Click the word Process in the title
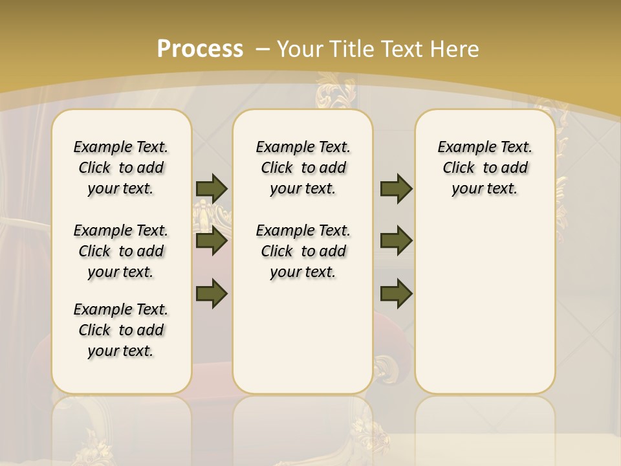(x=200, y=49)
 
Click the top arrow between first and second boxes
(x=212, y=188)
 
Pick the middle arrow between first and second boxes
(x=212, y=241)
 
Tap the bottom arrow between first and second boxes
(x=212, y=293)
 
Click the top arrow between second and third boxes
(x=396, y=188)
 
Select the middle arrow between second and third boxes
(x=396, y=241)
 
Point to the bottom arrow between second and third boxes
(x=396, y=293)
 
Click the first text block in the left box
(x=121, y=168)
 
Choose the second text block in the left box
(x=121, y=251)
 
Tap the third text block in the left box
(x=121, y=330)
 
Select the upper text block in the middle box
(x=303, y=168)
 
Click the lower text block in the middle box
(x=303, y=251)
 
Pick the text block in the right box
(x=485, y=168)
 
